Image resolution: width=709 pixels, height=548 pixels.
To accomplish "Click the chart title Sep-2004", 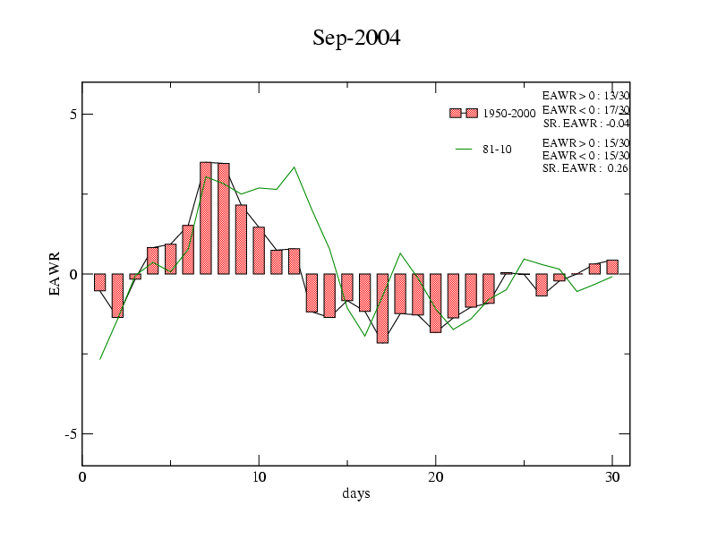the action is [x=356, y=38].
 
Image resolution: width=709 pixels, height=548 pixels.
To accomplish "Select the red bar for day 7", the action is [x=206, y=218].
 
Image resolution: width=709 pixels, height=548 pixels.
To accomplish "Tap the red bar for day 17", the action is [x=382, y=308].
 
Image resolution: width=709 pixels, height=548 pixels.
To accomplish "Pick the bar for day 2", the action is [x=117, y=295].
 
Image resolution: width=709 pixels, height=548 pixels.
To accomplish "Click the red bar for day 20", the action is [x=435, y=303].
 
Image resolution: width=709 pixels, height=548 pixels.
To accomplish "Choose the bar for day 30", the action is [x=612, y=267].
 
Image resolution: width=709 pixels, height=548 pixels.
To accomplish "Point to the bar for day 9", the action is [x=241, y=239].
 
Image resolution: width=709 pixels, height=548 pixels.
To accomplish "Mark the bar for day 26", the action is [x=542, y=285].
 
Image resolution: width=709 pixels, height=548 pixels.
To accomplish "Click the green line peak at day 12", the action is [x=295, y=167].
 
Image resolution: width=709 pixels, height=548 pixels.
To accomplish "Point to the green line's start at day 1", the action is [x=100, y=359].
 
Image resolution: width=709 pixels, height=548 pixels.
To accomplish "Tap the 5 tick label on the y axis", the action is [x=73, y=115].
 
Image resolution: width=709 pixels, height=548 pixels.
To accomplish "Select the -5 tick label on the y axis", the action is [x=72, y=434].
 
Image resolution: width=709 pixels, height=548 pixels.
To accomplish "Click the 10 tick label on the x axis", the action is [x=259, y=477].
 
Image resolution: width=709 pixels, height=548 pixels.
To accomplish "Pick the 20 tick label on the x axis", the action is [x=435, y=477].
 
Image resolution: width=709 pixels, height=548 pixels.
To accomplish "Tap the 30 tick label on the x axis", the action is [x=612, y=477].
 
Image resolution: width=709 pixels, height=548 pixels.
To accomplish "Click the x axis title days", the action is [x=356, y=493].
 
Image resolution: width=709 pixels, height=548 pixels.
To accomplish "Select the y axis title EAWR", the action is [x=55, y=274].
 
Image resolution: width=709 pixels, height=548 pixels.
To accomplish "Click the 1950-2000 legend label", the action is [x=509, y=114].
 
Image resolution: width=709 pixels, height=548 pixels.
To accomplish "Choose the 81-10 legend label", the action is [x=497, y=150].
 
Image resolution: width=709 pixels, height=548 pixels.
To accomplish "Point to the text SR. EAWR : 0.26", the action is [x=585, y=168].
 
